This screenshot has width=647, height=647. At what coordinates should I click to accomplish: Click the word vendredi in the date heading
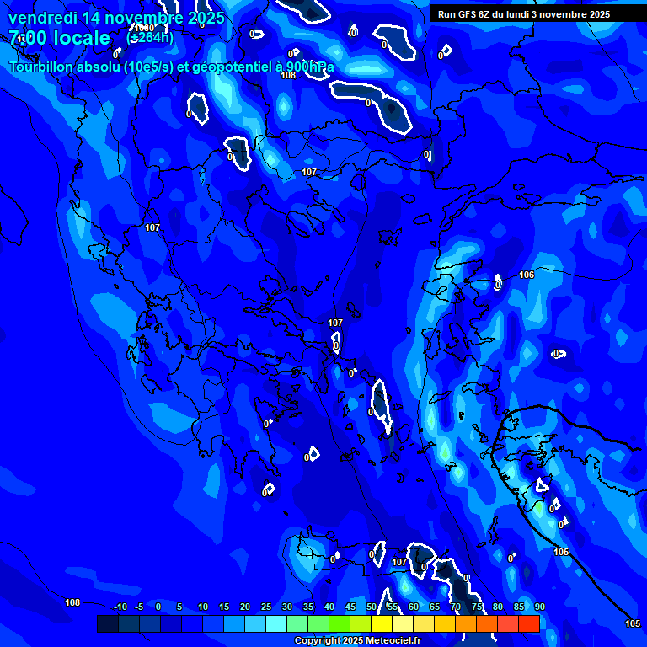41,18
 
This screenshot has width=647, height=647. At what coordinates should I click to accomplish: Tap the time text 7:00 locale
59,38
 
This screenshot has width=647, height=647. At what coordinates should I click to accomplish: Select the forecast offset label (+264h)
150,37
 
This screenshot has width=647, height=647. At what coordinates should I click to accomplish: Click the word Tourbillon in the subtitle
45,67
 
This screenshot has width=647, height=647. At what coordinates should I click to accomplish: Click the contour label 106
527,275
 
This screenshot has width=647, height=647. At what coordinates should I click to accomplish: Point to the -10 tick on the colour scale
120,607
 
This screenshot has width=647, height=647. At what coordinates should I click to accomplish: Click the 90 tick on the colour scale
540,607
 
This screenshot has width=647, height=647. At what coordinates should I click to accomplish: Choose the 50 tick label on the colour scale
372,607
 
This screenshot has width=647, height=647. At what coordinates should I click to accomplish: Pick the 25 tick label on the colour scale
266,607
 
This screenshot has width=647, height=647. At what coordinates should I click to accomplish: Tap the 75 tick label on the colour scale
477,607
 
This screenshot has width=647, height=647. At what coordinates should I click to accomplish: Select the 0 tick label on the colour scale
158,607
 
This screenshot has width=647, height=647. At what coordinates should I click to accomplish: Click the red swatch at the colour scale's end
529,623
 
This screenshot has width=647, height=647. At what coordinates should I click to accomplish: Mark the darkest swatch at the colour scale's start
108,623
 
